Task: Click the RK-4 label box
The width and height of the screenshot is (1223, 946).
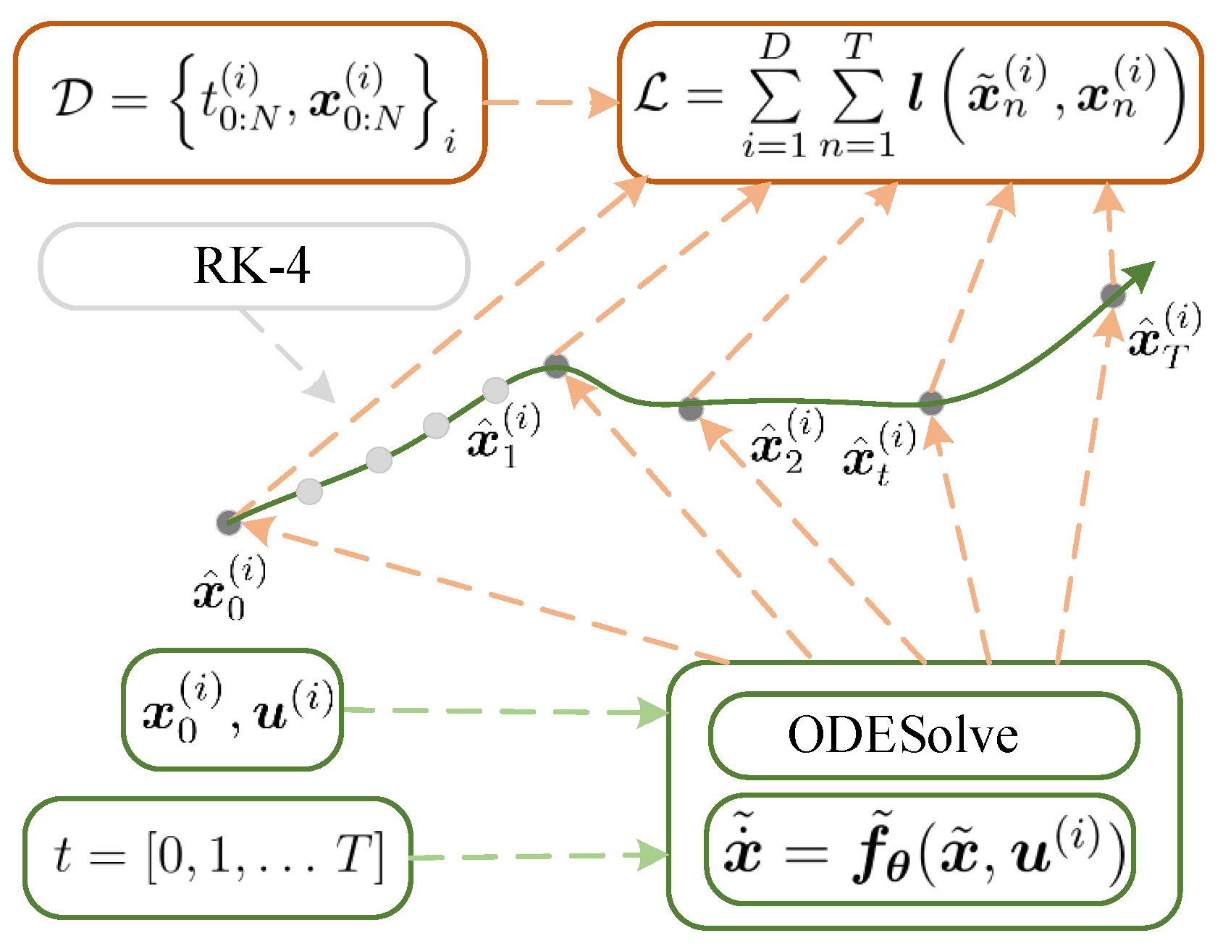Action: pyautogui.click(x=253, y=266)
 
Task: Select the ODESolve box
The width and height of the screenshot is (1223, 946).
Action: pyautogui.click(x=923, y=735)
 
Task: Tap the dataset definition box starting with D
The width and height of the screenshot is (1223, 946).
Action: pyautogui.click(x=250, y=103)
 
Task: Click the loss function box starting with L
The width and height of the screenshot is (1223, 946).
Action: pyautogui.click(x=909, y=103)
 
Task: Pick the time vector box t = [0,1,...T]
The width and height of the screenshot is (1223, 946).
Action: pyautogui.click(x=217, y=858)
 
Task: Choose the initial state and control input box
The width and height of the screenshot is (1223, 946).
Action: pyautogui.click(x=232, y=710)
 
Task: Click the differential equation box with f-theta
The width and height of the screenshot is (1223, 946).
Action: pyautogui.click(x=920, y=850)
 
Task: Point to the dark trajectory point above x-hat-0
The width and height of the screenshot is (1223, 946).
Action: pyautogui.click(x=229, y=523)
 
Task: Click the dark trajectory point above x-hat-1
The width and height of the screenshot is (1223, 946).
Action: pyautogui.click(x=556, y=366)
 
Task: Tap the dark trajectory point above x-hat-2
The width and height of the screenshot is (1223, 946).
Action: pyautogui.click(x=691, y=409)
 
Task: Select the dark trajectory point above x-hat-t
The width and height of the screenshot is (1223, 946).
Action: pyautogui.click(x=931, y=402)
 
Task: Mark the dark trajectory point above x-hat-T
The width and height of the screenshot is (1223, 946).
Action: pyautogui.click(x=1113, y=295)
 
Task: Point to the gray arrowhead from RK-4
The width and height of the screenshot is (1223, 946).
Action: pyautogui.click(x=321, y=389)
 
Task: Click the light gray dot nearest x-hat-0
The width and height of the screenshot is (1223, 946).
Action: pyautogui.click(x=309, y=491)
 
